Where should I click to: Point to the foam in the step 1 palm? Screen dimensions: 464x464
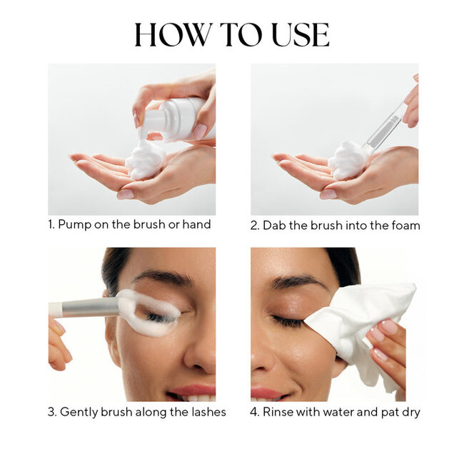pyautogui.click(x=146, y=159)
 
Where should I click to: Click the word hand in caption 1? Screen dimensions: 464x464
pyautogui.click(x=196, y=225)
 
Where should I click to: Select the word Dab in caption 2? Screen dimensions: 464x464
pyautogui.click(x=276, y=225)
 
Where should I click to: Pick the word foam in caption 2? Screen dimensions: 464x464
pyautogui.click(x=405, y=225)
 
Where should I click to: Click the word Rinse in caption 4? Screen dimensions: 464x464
pyautogui.click(x=280, y=412)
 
